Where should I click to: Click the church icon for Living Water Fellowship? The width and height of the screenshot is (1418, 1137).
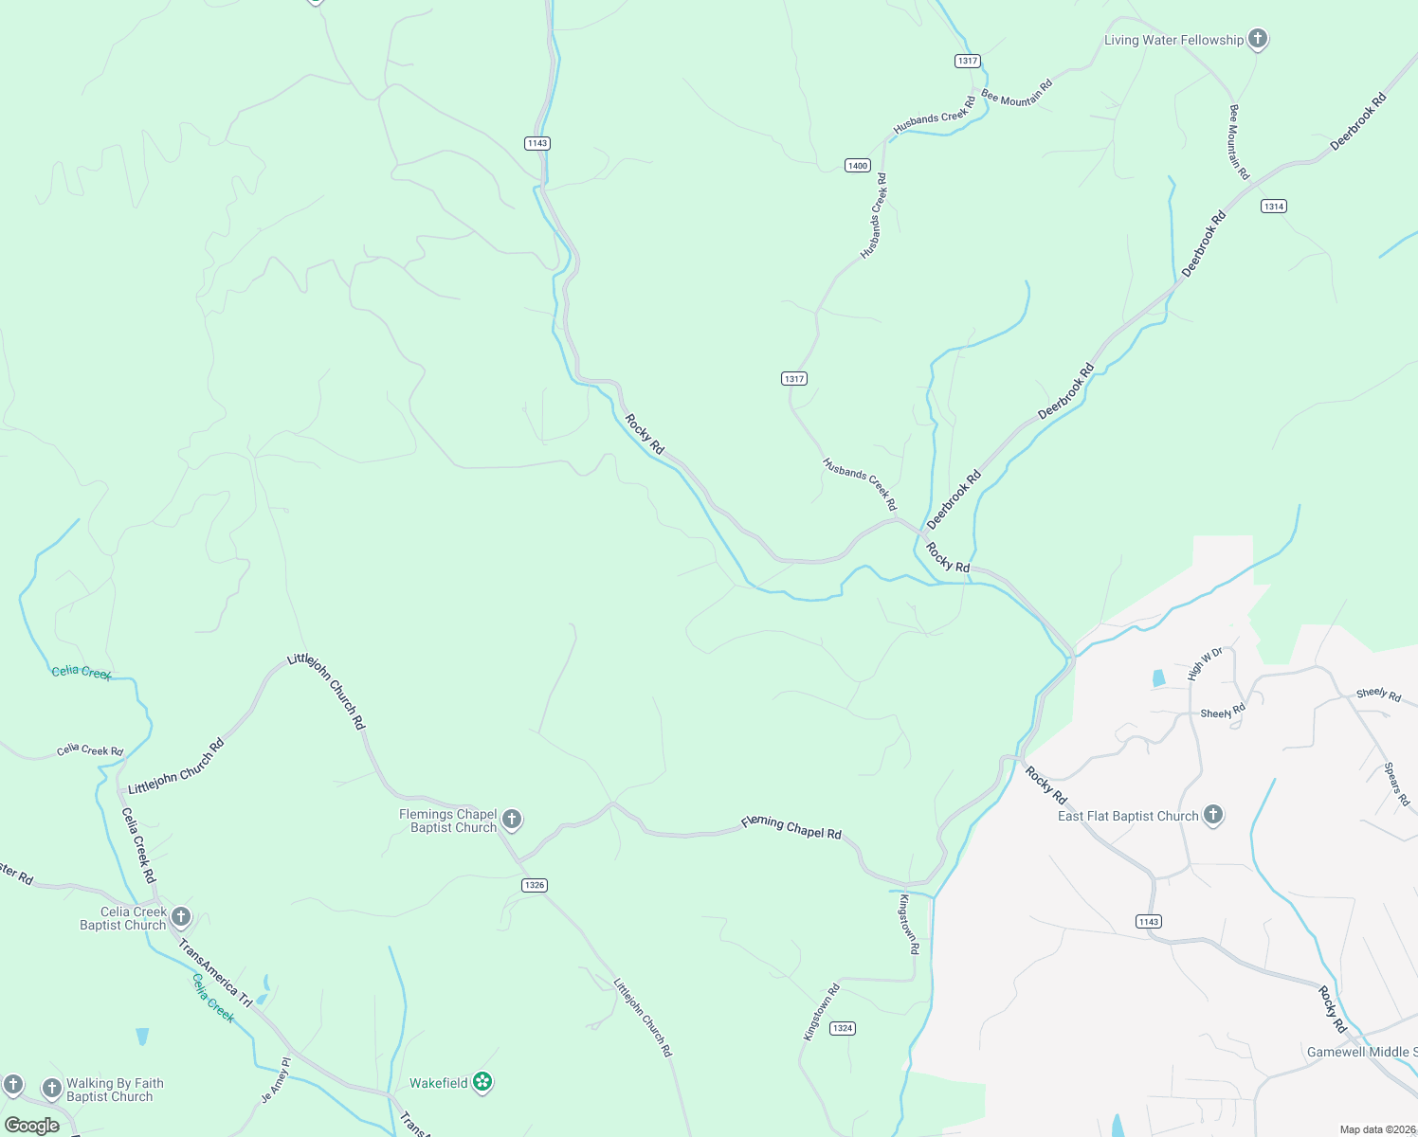(x=1258, y=39)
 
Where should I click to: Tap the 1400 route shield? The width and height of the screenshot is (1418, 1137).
(x=858, y=166)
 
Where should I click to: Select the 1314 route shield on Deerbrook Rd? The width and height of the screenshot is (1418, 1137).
(x=1273, y=207)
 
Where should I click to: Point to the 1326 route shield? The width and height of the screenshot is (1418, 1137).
(x=535, y=885)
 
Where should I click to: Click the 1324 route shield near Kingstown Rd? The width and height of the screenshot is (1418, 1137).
(x=843, y=1028)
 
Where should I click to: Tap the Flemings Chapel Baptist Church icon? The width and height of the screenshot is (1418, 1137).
(x=512, y=820)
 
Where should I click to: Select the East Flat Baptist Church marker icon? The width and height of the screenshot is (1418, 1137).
(x=1213, y=815)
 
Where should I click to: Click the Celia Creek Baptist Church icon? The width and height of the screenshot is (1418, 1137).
(x=181, y=917)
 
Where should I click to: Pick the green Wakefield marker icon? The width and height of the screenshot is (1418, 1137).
(x=482, y=1082)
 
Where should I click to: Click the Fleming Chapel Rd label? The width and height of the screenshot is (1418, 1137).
(x=791, y=827)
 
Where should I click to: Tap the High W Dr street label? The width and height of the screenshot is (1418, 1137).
(x=1205, y=664)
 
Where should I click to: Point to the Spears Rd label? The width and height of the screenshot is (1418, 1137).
(x=1396, y=784)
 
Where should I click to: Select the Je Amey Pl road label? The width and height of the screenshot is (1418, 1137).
(x=276, y=1081)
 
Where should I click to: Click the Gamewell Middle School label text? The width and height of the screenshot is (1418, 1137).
(x=1361, y=1053)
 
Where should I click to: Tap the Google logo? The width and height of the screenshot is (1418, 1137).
(x=31, y=1126)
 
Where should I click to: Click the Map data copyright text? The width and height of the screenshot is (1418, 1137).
(x=1377, y=1129)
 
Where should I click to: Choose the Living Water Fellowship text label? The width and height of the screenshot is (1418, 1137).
(x=1173, y=40)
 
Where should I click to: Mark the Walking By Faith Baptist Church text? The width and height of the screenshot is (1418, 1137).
(x=114, y=1090)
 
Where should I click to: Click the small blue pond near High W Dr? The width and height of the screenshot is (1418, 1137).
(x=1157, y=678)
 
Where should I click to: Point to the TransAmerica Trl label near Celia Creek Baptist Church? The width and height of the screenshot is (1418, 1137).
(x=216, y=973)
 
